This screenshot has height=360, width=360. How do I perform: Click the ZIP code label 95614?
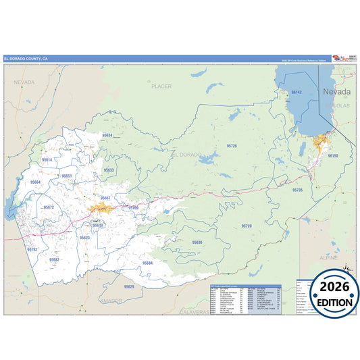click(x=47, y=159)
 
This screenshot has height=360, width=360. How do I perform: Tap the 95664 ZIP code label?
click(x=36, y=182)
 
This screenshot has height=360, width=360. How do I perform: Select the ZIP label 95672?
click(x=49, y=207)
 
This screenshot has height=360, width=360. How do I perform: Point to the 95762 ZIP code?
click(x=32, y=249)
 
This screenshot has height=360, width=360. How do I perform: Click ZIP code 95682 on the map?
click(x=54, y=259)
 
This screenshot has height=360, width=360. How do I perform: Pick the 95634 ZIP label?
click(x=107, y=135)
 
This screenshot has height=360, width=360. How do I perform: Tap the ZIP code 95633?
click(x=109, y=170)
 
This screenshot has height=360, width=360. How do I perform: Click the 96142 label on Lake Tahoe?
click(x=296, y=91)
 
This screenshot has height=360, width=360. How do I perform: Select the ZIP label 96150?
click(x=332, y=155)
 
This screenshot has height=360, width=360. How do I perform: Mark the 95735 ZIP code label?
click(x=298, y=190)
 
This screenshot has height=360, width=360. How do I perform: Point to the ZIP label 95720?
click(x=247, y=226)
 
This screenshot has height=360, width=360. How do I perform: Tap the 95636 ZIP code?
click(x=197, y=241)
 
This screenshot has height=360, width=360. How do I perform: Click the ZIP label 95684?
click(x=147, y=263)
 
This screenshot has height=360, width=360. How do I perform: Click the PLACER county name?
click(x=162, y=86)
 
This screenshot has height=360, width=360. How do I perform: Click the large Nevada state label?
click(x=336, y=91)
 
